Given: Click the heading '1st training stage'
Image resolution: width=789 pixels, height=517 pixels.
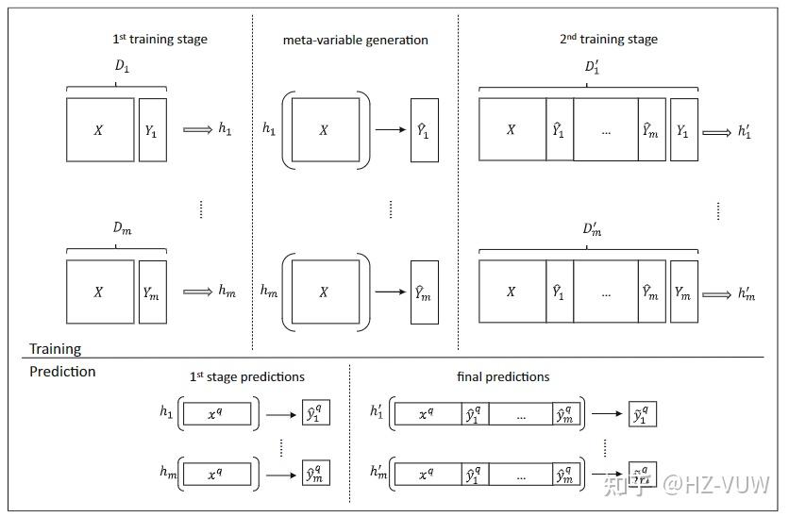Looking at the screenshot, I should point(159,40).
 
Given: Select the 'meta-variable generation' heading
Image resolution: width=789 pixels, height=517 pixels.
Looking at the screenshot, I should point(355,40).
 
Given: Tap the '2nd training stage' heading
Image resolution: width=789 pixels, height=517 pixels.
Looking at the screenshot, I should point(608,40).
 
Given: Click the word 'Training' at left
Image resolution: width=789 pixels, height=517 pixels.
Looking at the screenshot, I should point(55,349).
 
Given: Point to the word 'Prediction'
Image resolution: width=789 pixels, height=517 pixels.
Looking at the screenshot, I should point(62,372).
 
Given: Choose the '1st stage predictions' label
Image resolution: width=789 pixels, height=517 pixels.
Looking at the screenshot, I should point(247,376).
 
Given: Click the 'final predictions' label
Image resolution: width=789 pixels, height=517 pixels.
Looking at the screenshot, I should point(502,376).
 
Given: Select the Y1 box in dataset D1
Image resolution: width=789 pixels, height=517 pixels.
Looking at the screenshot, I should point(153,129).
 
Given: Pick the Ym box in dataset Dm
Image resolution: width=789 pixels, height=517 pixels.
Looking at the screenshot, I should point(153,292).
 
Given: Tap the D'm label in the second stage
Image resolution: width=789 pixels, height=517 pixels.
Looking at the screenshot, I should point(592,230).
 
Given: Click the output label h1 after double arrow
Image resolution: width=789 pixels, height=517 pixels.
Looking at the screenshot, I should point(225,129).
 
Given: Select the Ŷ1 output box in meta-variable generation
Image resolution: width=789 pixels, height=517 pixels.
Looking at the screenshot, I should point(424,130).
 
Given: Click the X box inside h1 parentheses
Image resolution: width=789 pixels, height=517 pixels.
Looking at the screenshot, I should point(325,130).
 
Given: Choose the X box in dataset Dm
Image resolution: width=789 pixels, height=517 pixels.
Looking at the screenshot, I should point(100,292).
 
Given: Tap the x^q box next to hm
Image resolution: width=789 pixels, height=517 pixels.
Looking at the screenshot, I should point(218,474).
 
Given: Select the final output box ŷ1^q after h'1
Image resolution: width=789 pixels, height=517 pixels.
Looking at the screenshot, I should point(642,413).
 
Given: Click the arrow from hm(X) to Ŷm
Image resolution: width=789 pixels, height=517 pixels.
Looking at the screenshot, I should point(390,292).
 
